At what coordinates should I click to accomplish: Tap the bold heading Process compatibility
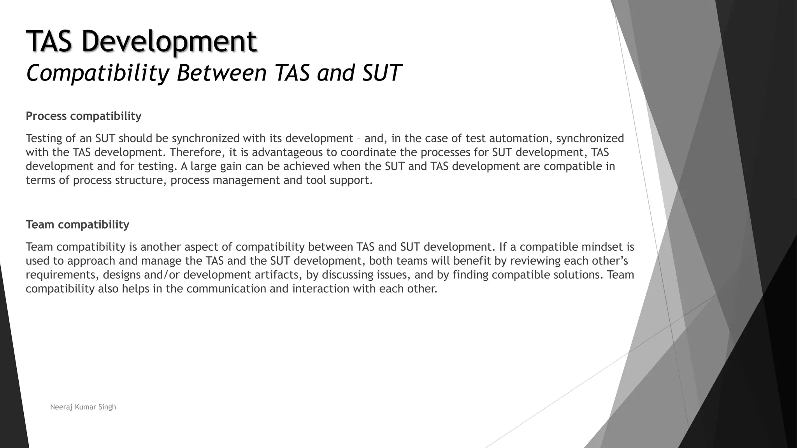[x=84, y=116]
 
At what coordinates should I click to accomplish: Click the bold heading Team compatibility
[x=77, y=224]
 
